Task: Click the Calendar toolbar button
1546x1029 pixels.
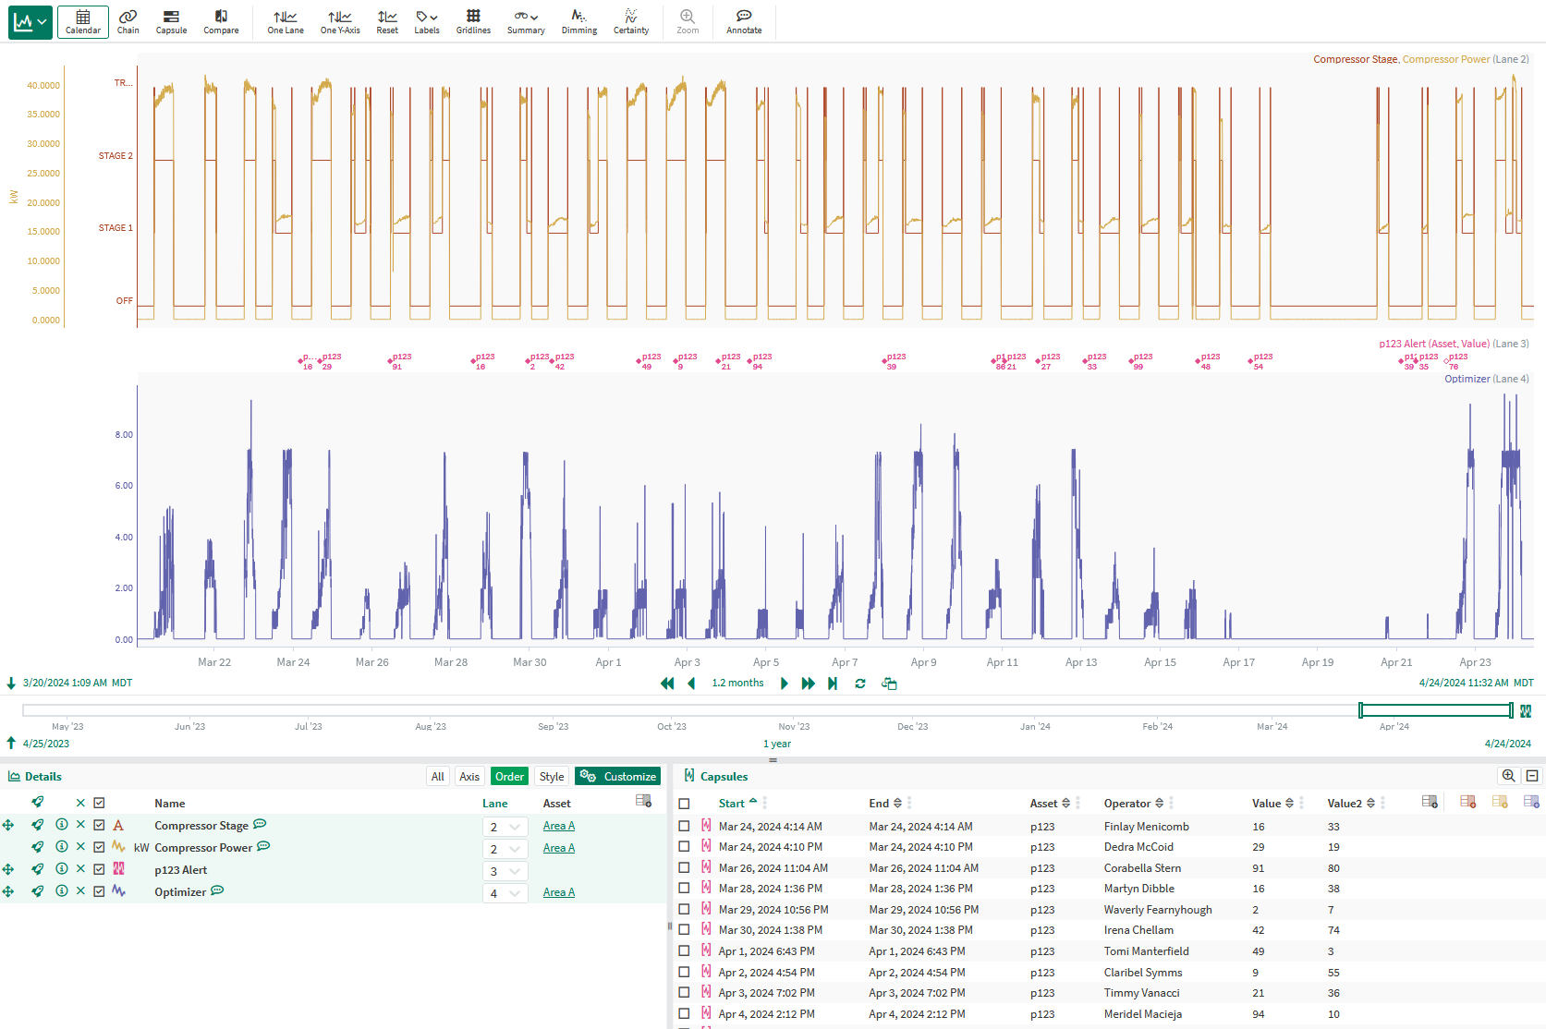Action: pyautogui.click(x=82, y=21)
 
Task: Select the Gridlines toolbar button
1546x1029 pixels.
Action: pyautogui.click(x=473, y=21)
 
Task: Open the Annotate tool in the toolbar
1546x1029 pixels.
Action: pyautogui.click(x=744, y=21)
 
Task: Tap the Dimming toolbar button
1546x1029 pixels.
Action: pyautogui.click(x=578, y=21)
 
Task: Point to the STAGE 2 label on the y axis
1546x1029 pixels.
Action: pyautogui.click(x=116, y=156)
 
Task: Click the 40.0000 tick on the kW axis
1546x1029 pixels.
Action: pyautogui.click(x=44, y=86)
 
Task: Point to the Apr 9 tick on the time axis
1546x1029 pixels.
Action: pyautogui.click(x=923, y=662)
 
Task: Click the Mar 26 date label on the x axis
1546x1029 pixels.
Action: pyautogui.click(x=371, y=662)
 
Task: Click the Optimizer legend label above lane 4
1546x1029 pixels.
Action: pyautogui.click(x=1467, y=379)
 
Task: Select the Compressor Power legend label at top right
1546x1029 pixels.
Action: pyautogui.click(x=1445, y=59)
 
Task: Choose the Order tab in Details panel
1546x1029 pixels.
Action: pyautogui.click(x=509, y=777)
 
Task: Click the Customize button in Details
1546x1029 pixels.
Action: pyautogui.click(x=618, y=777)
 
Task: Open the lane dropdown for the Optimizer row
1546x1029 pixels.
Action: pyautogui.click(x=505, y=893)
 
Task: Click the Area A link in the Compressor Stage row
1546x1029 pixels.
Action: pyautogui.click(x=558, y=826)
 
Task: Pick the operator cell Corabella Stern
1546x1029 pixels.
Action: pyautogui.click(x=1142, y=868)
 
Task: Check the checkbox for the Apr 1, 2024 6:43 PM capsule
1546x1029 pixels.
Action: pyautogui.click(x=684, y=951)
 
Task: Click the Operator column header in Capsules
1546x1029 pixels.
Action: pyautogui.click(x=1126, y=804)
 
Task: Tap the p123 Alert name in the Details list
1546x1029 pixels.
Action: pyautogui.click(x=180, y=870)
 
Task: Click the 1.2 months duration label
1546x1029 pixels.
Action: pyautogui.click(x=737, y=684)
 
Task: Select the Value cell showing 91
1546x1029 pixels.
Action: pyautogui.click(x=1259, y=868)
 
